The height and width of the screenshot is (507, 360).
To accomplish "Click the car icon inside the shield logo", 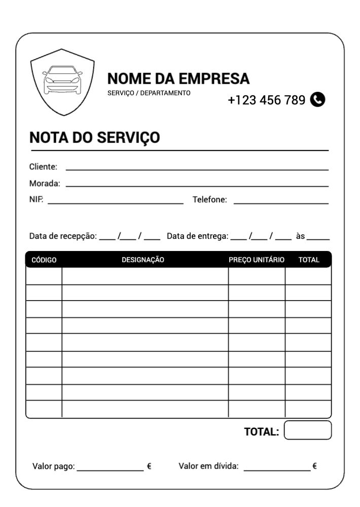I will click(x=62, y=80).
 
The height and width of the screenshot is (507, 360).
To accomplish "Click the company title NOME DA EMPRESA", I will click(x=178, y=79).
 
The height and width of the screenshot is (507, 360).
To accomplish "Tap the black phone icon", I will click(x=317, y=99).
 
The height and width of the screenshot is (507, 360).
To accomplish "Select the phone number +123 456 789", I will click(x=266, y=100).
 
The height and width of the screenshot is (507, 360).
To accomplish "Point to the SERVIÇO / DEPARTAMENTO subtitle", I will click(x=149, y=93).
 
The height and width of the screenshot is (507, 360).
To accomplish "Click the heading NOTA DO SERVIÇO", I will click(x=95, y=137).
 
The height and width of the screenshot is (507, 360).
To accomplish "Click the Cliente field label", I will click(x=43, y=167).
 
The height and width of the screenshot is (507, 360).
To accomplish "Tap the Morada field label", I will click(x=45, y=184).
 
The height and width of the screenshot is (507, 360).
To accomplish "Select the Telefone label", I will click(x=209, y=200).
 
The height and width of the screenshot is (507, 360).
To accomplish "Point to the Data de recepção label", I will click(x=62, y=236).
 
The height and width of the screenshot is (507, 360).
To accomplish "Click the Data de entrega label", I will click(x=198, y=236).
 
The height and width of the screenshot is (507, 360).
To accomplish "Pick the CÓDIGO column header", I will click(x=44, y=260).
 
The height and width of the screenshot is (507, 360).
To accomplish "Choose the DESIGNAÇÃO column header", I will click(x=143, y=260).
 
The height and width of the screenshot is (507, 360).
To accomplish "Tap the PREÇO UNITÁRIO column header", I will click(x=257, y=260).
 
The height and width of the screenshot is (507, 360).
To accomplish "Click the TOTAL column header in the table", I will click(x=309, y=260).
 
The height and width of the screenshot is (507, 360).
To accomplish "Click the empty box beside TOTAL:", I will click(x=308, y=430).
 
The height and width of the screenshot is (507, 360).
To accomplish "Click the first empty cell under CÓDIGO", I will click(x=44, y=276).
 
